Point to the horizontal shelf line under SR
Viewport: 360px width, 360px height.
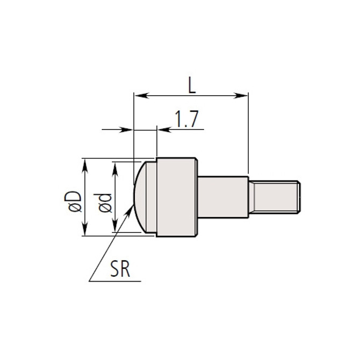[x=116, y=281]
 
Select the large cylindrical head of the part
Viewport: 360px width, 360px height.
[x=176, y=196]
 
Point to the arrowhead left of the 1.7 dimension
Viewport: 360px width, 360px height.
[x=127, y=129]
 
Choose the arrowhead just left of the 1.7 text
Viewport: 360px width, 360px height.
[x=163, y=129]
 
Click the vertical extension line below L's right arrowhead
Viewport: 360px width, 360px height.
[x=248, y=140]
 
